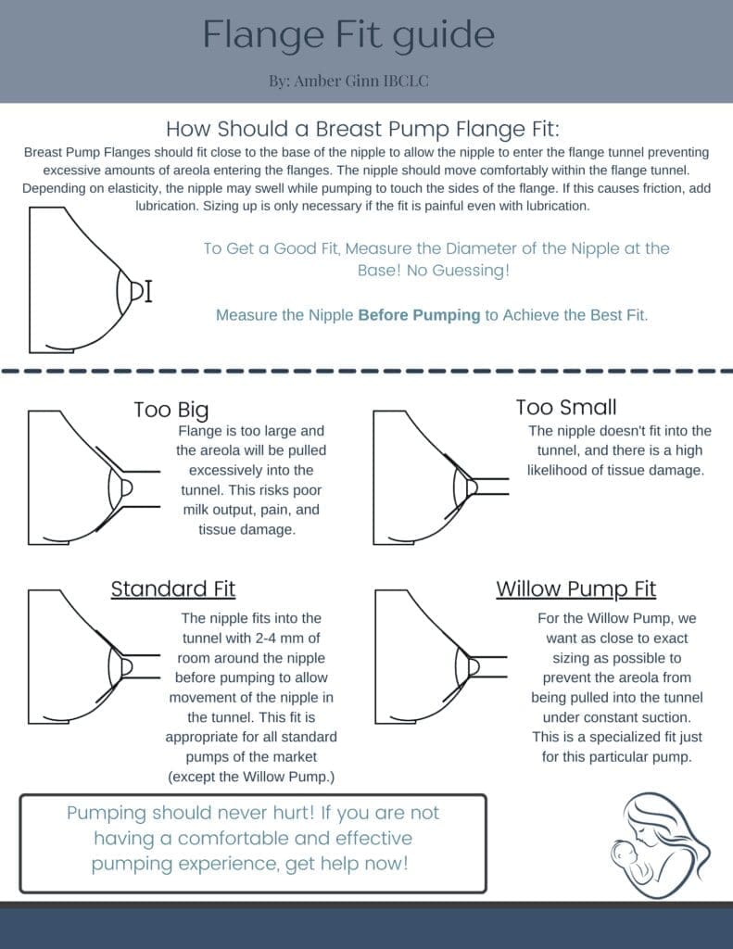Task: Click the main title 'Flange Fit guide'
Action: pyautogui.click(x=348, y=35)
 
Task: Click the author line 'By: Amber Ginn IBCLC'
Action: pyautogui.click(x=348, y=81)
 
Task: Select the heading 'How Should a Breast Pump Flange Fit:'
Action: pyautogui.click(x=362, y=128)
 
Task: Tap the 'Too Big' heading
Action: pyautogui.click(x=171, y=410)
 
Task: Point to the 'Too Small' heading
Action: pyautogui.click(x=565, y=407)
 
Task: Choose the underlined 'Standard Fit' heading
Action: pyautogui.click(x=173, y=588)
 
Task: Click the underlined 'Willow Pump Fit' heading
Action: pyautogui.click(x=575, y=588)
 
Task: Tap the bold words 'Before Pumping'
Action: pyautogui.click(x=419, y=315)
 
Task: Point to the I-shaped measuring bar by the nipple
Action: pyautogui.click(x=148, y=291)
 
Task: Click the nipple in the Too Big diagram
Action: pyautogui.click(x=126, y=487)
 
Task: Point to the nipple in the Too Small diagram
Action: pyautogui.click(x=471, y=486)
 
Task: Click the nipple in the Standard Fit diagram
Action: pyautogui.click(x=126, y=665)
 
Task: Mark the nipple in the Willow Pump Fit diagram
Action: pyautogui.click(x=473, y=665)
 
